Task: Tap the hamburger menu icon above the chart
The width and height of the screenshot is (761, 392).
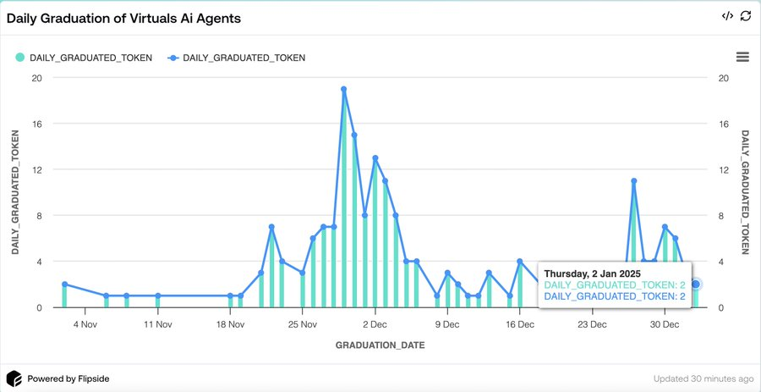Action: click(742, 57)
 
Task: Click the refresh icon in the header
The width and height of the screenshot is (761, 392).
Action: click(745, 16)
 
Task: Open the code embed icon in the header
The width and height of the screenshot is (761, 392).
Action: click(727, 16)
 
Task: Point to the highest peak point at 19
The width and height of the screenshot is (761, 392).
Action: click(344, 89)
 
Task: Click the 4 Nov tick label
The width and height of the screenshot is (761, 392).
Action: click(86, 323)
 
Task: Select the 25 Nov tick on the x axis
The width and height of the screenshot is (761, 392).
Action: click(302, 323)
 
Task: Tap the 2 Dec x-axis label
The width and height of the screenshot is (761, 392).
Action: click(375, 323)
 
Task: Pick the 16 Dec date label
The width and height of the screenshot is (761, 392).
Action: click(520, 323)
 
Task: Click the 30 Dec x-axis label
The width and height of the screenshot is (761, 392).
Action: click(664, 323)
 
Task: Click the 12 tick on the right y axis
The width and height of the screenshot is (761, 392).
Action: click(722, 169)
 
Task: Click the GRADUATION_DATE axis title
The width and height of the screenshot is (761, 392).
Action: click(380, 345)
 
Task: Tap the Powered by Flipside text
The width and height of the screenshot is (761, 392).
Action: click(68, 378)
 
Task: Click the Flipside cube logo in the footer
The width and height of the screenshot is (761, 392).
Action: click(14, 378)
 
